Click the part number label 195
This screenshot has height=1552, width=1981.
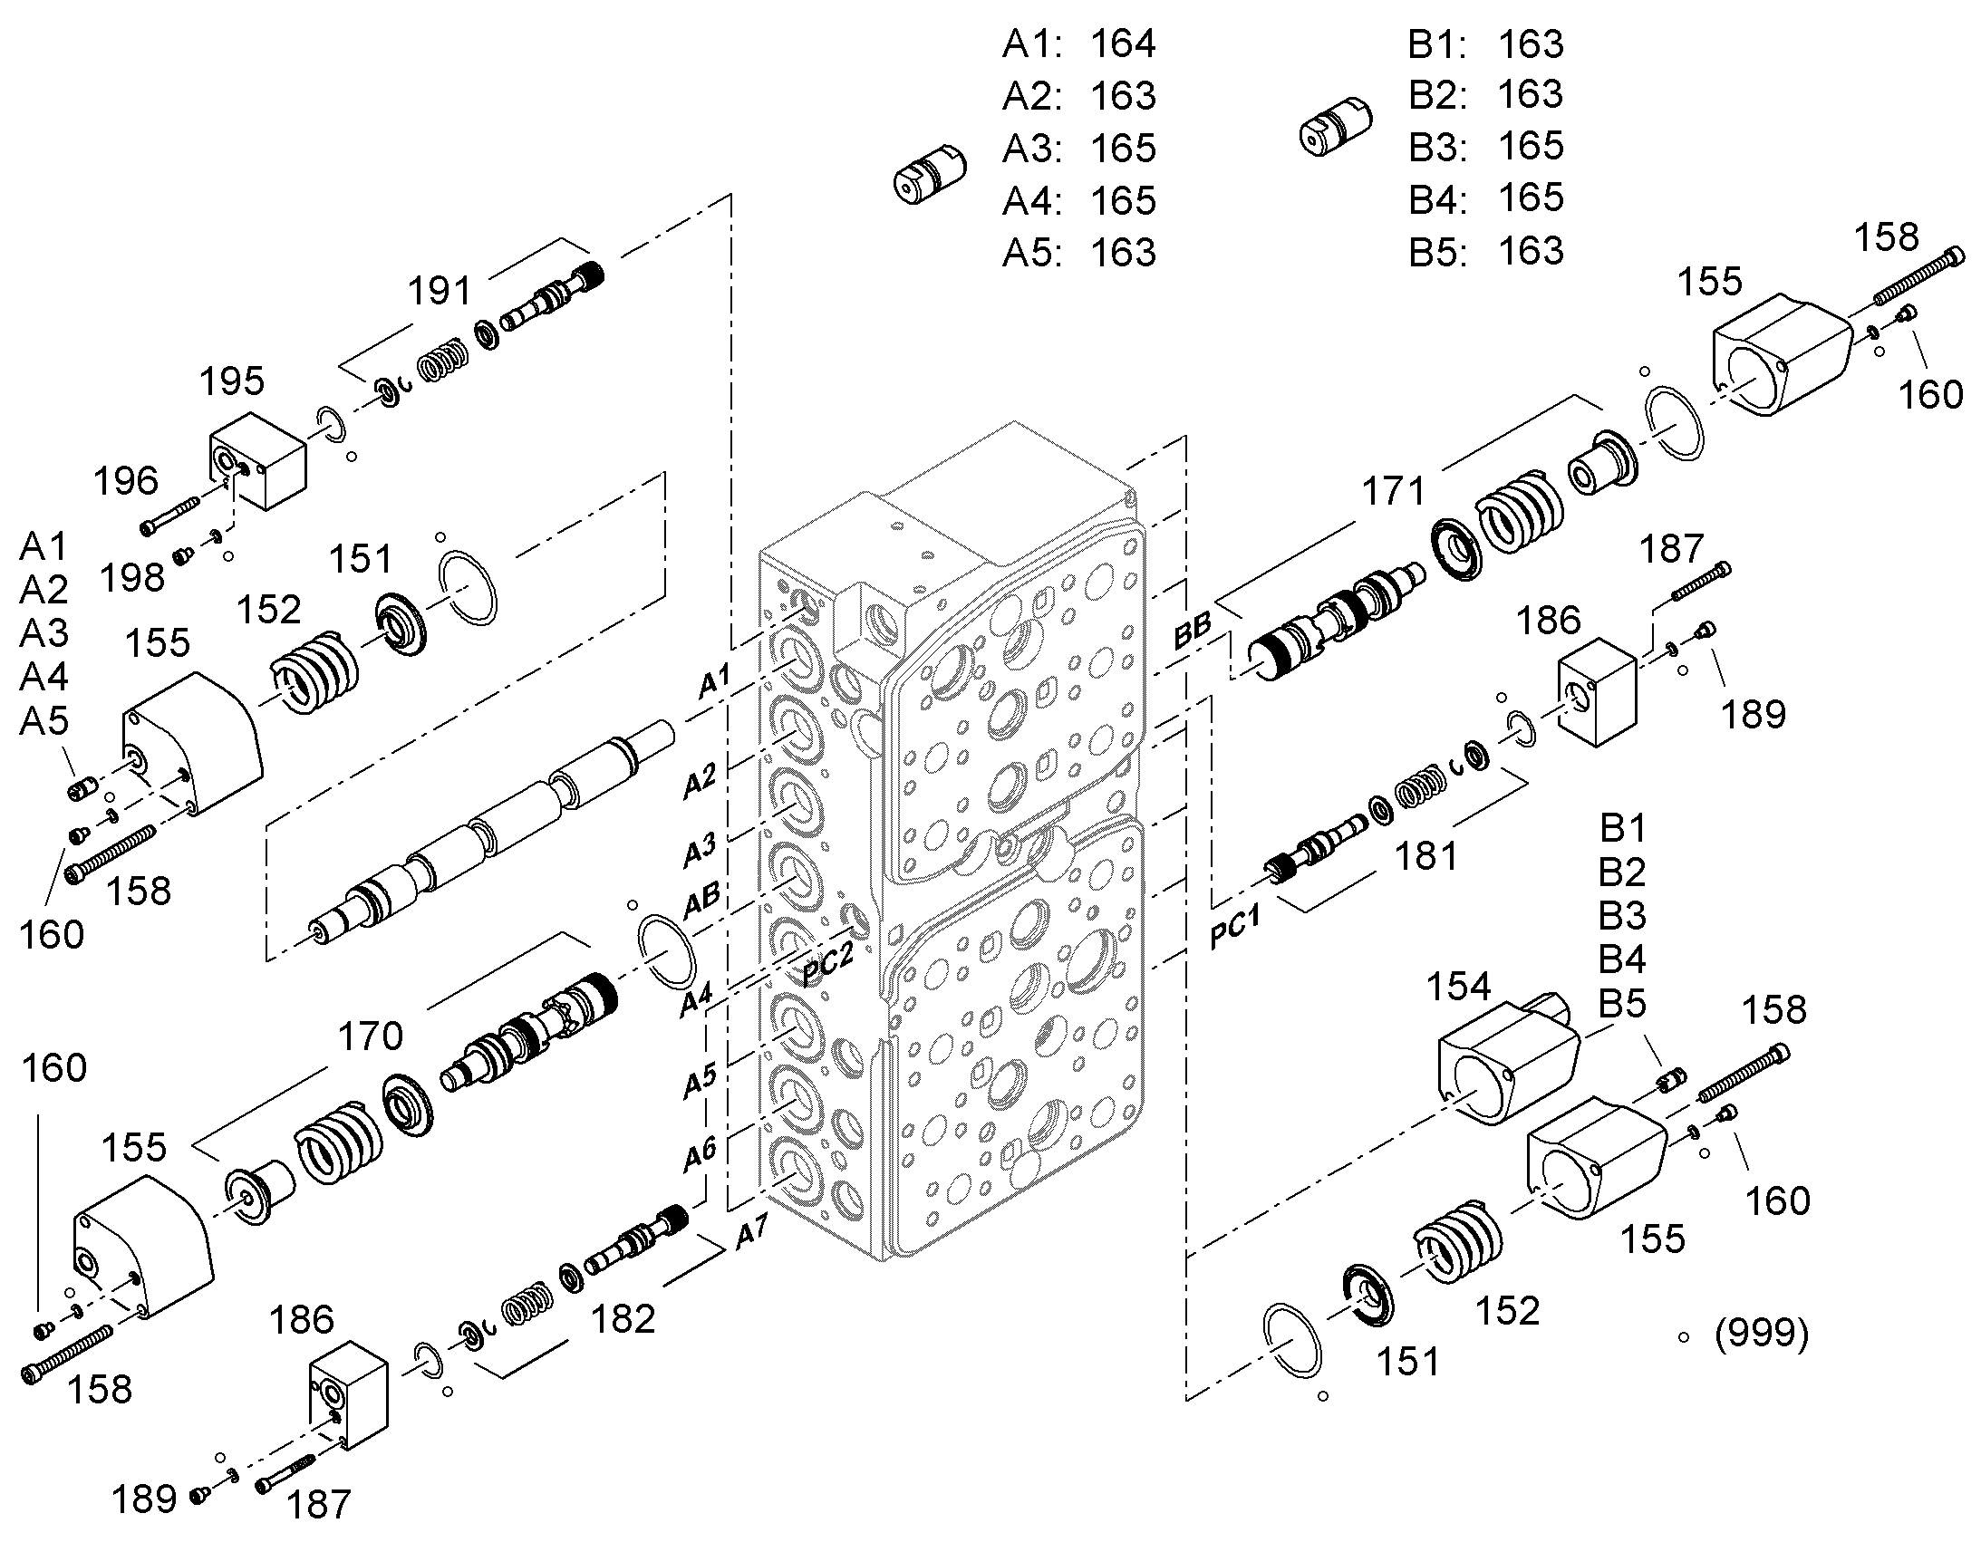233,381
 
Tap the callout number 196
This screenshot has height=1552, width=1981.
126,481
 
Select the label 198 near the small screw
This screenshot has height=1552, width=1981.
132,578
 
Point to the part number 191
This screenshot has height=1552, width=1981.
440,292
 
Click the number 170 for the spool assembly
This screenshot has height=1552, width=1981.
371,1036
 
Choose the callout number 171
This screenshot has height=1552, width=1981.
1394,492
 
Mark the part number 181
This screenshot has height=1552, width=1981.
1425,856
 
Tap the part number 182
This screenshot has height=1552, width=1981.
623,1319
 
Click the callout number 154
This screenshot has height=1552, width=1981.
1458,987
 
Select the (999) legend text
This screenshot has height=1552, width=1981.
1761,1334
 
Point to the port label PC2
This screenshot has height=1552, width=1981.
828,963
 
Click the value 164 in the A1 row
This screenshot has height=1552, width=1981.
1123,44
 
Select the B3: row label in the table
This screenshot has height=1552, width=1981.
1437,146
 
